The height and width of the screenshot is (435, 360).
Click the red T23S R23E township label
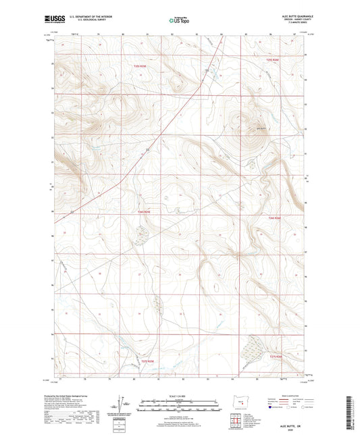click(138, 66)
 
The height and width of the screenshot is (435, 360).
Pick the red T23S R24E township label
click(272, 60)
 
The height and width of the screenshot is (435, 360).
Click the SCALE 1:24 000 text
click(179, 396)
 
